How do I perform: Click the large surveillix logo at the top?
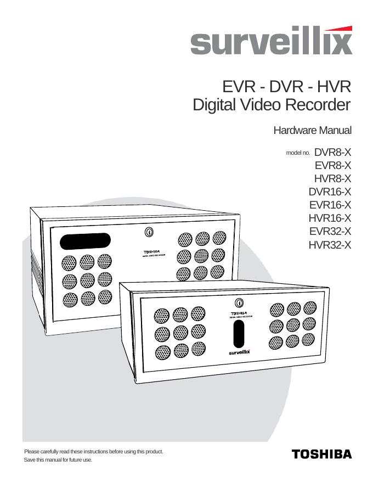271,42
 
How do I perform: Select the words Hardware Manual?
312,131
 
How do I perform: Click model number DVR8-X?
332,152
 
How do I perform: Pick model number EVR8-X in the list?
333,165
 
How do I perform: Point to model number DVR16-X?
330,192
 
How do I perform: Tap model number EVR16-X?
330,205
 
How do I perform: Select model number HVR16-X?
330,218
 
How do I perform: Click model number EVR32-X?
330,231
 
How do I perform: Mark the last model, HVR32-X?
330,244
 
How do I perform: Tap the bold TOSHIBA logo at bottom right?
322,454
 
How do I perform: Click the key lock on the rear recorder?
148,232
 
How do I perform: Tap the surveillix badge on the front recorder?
239,352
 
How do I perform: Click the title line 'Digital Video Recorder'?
272,105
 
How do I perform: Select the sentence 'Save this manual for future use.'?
58,460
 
